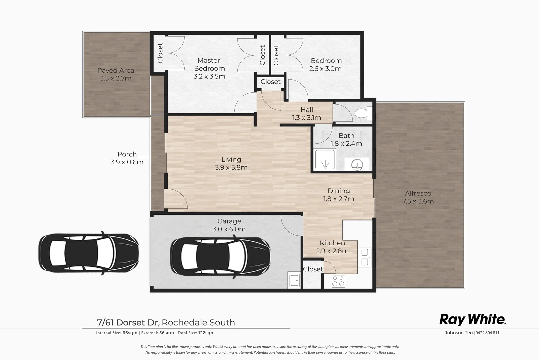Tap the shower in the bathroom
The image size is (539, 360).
coord(325,160)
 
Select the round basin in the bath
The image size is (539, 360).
coord(357,164)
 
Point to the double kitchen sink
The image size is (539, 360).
coord(365,257)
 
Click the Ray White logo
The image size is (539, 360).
coord(473,319)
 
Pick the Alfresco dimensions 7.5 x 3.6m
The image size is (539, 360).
coord(418,201)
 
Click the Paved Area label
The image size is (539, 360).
coord(116,70)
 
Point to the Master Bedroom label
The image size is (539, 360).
coord(209,64)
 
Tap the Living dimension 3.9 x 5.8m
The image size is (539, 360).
coord(231,167)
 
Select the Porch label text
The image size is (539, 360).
coord(127,154)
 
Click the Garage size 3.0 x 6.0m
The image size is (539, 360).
coord(229,229)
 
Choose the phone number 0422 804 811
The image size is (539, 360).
coord(487,333)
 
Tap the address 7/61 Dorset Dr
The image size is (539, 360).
coord(128,322)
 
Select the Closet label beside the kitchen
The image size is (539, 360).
coord(313,269)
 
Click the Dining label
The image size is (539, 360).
coord(339,191)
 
